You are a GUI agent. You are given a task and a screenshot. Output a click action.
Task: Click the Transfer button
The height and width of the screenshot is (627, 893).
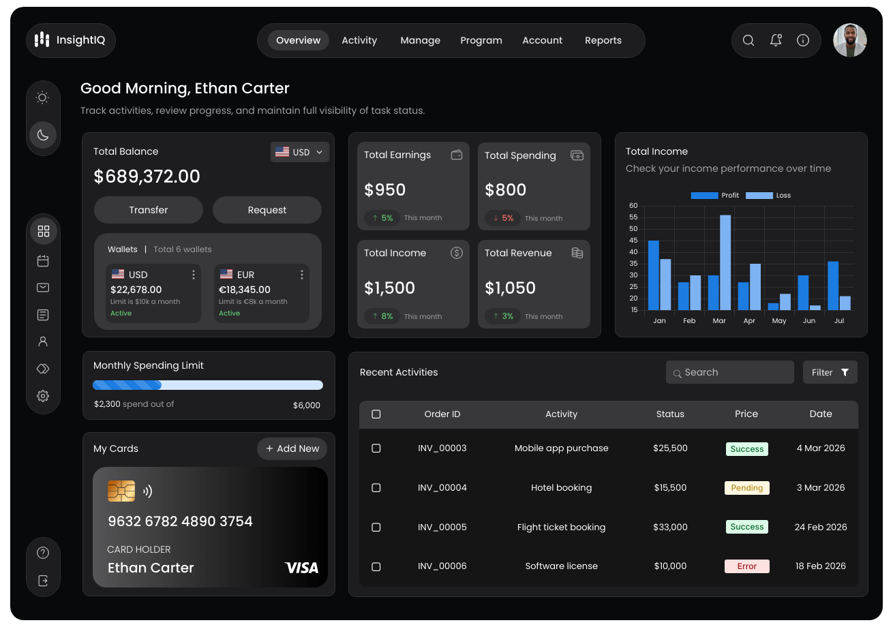149,210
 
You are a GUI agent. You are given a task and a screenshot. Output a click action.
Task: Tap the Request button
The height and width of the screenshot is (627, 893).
267,210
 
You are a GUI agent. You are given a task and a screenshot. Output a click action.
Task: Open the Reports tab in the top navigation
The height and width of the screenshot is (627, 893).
603,40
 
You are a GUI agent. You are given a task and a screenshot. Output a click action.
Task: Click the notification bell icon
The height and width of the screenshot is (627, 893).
775,40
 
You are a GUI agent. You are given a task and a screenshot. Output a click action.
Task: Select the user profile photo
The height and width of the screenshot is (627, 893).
849,40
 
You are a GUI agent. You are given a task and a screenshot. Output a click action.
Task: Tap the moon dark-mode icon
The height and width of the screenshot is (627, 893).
43,135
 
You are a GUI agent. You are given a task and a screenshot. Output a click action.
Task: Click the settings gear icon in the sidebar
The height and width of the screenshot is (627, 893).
43,396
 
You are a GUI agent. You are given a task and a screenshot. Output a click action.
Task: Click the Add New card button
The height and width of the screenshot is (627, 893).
292,448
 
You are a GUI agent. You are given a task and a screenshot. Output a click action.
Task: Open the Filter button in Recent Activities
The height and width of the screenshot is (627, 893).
830,372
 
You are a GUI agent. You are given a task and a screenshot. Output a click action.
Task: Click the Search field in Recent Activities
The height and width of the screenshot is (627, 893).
729,372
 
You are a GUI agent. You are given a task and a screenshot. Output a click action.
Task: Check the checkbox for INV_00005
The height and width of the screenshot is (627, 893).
376,527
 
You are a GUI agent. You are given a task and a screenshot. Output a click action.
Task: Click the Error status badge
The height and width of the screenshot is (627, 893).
746,566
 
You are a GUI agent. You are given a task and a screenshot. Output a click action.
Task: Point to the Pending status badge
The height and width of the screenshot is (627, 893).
746,487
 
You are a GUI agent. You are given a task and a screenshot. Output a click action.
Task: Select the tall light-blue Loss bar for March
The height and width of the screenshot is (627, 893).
725,262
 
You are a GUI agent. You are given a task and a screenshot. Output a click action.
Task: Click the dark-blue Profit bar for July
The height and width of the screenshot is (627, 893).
833,286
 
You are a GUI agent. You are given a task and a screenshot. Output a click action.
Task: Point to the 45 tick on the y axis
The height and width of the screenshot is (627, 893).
633,241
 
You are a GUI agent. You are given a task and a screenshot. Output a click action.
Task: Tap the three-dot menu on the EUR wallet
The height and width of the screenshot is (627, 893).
302,275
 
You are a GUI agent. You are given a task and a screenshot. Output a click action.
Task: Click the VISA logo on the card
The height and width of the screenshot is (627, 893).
302,568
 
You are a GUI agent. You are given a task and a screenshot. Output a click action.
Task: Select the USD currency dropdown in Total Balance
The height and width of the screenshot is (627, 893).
300,152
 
